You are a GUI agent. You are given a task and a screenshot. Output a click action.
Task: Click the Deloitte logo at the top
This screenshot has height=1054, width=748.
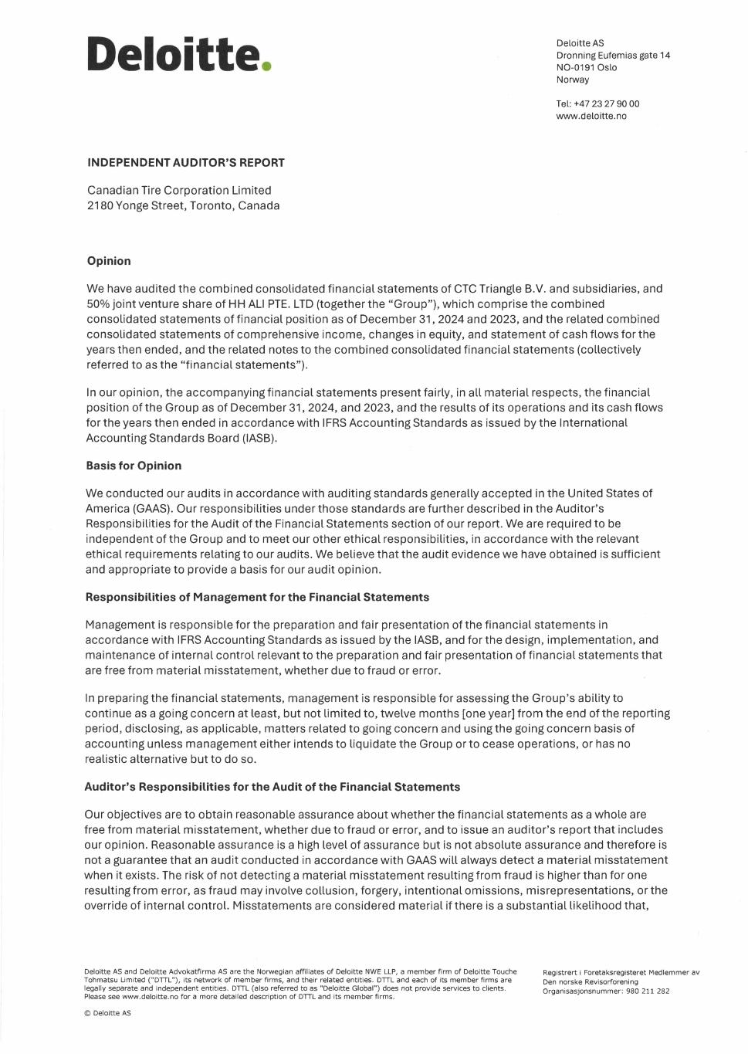tap(174, 54)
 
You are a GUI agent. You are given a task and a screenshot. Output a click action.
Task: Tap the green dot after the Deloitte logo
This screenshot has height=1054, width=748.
tap(266, 66)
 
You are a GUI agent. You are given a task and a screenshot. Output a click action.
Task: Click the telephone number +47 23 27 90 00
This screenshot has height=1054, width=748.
tap(607, 103)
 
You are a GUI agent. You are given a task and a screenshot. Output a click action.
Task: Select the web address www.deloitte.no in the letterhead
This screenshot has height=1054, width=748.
tap(591, 116)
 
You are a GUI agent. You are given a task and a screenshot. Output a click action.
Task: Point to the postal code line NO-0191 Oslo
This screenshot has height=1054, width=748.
tap(587, 67)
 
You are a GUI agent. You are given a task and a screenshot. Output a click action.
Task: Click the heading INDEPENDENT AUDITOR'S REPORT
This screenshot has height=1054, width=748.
tap(186, 163)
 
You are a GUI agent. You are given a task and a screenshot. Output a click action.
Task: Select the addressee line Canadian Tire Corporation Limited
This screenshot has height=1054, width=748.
tap(179, 190)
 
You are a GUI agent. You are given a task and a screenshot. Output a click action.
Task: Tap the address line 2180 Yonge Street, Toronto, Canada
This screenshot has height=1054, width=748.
tap(184, 205)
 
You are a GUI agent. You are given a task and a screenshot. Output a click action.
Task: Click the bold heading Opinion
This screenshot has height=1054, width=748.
tap(109, 261)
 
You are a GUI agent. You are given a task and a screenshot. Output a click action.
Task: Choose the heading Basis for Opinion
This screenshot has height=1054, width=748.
tap(134, 466)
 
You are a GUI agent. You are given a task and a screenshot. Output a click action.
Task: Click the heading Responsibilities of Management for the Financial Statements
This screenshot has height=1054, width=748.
tap(257, 597)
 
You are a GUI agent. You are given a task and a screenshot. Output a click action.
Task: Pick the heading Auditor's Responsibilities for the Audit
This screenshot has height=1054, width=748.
tap(272, 787)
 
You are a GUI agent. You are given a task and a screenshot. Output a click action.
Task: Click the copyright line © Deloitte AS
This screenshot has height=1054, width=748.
tap(107, 1013)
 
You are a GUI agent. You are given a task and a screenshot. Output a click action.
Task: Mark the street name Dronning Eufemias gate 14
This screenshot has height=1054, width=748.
tap(613, 55)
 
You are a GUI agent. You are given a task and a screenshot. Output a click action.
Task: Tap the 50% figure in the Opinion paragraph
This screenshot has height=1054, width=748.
tap(98, 304)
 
